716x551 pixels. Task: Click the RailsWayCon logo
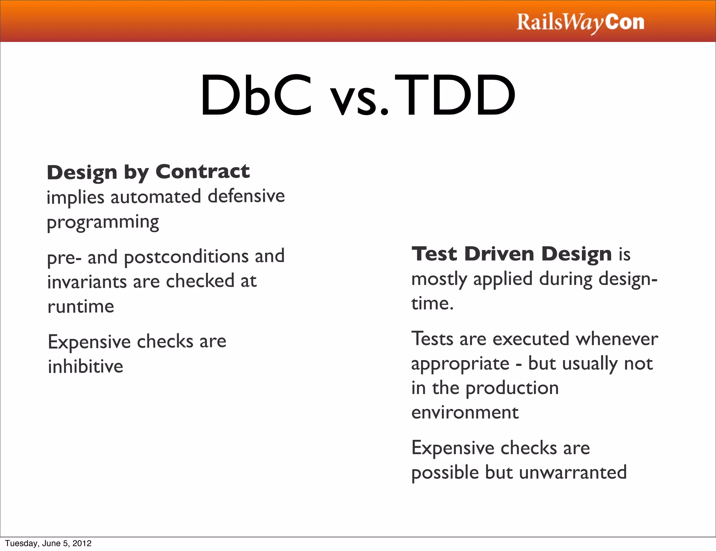(x=580, y=22)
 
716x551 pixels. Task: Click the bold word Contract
(x=202, y=172)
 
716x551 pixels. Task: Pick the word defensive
(x=246, y=196)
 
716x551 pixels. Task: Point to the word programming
(x=103, y=222)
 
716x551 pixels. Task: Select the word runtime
(x=81, y=307)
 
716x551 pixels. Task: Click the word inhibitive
(x=85, y=367)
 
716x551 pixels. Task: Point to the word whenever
(x=617, y=339)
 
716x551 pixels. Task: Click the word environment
(x=465, y=413)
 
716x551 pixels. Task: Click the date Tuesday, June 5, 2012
(x=48, y=543)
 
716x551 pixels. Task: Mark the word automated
(x=156, y=197)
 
